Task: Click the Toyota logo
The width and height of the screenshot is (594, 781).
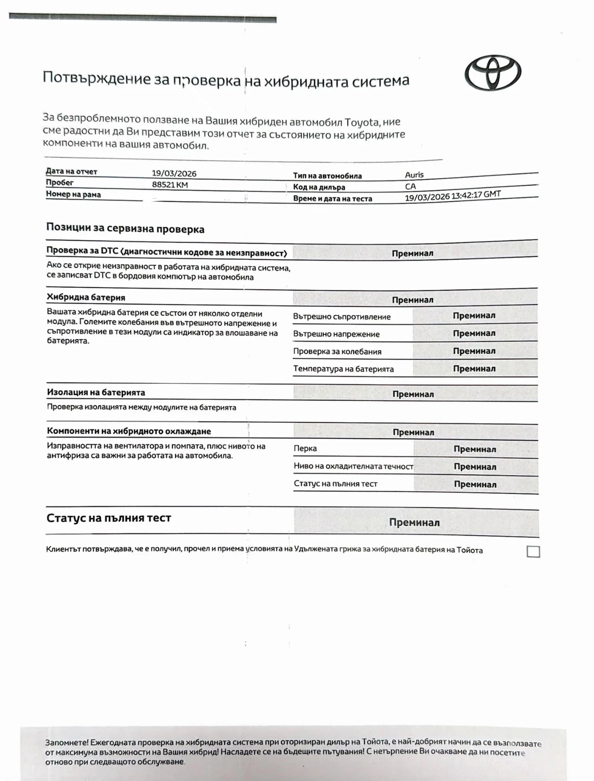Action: [493, 73]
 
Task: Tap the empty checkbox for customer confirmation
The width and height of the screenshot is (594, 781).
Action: [533, 551]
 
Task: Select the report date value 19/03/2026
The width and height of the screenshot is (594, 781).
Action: [174, 174]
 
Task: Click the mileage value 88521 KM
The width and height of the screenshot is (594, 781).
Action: [170, 185]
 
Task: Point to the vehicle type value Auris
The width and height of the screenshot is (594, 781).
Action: [414, 175]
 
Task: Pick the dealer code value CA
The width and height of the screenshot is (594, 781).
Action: [410, 187]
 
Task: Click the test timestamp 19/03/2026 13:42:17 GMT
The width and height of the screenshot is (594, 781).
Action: [453, 196]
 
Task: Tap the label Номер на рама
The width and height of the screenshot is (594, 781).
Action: [73, 194]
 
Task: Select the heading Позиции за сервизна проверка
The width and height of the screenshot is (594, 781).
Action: [125, 229]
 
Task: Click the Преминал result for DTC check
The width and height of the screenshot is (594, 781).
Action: [412, 253]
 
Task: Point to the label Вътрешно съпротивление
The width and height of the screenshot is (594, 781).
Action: [341, 317]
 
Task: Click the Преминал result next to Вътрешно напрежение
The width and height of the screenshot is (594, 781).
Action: [474, 333]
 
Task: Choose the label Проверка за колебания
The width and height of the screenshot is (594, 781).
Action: [337, 351]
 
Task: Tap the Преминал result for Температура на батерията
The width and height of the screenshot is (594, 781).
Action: [474, 369]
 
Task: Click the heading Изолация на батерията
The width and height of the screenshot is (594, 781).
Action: [96, 393]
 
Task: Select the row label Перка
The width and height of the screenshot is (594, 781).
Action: [305, 449]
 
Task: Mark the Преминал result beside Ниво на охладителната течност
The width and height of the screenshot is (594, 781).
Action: [475, 467]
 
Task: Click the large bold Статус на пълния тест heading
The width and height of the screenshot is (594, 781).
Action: [108, 518]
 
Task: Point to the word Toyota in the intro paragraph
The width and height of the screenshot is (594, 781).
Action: [361, 122]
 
